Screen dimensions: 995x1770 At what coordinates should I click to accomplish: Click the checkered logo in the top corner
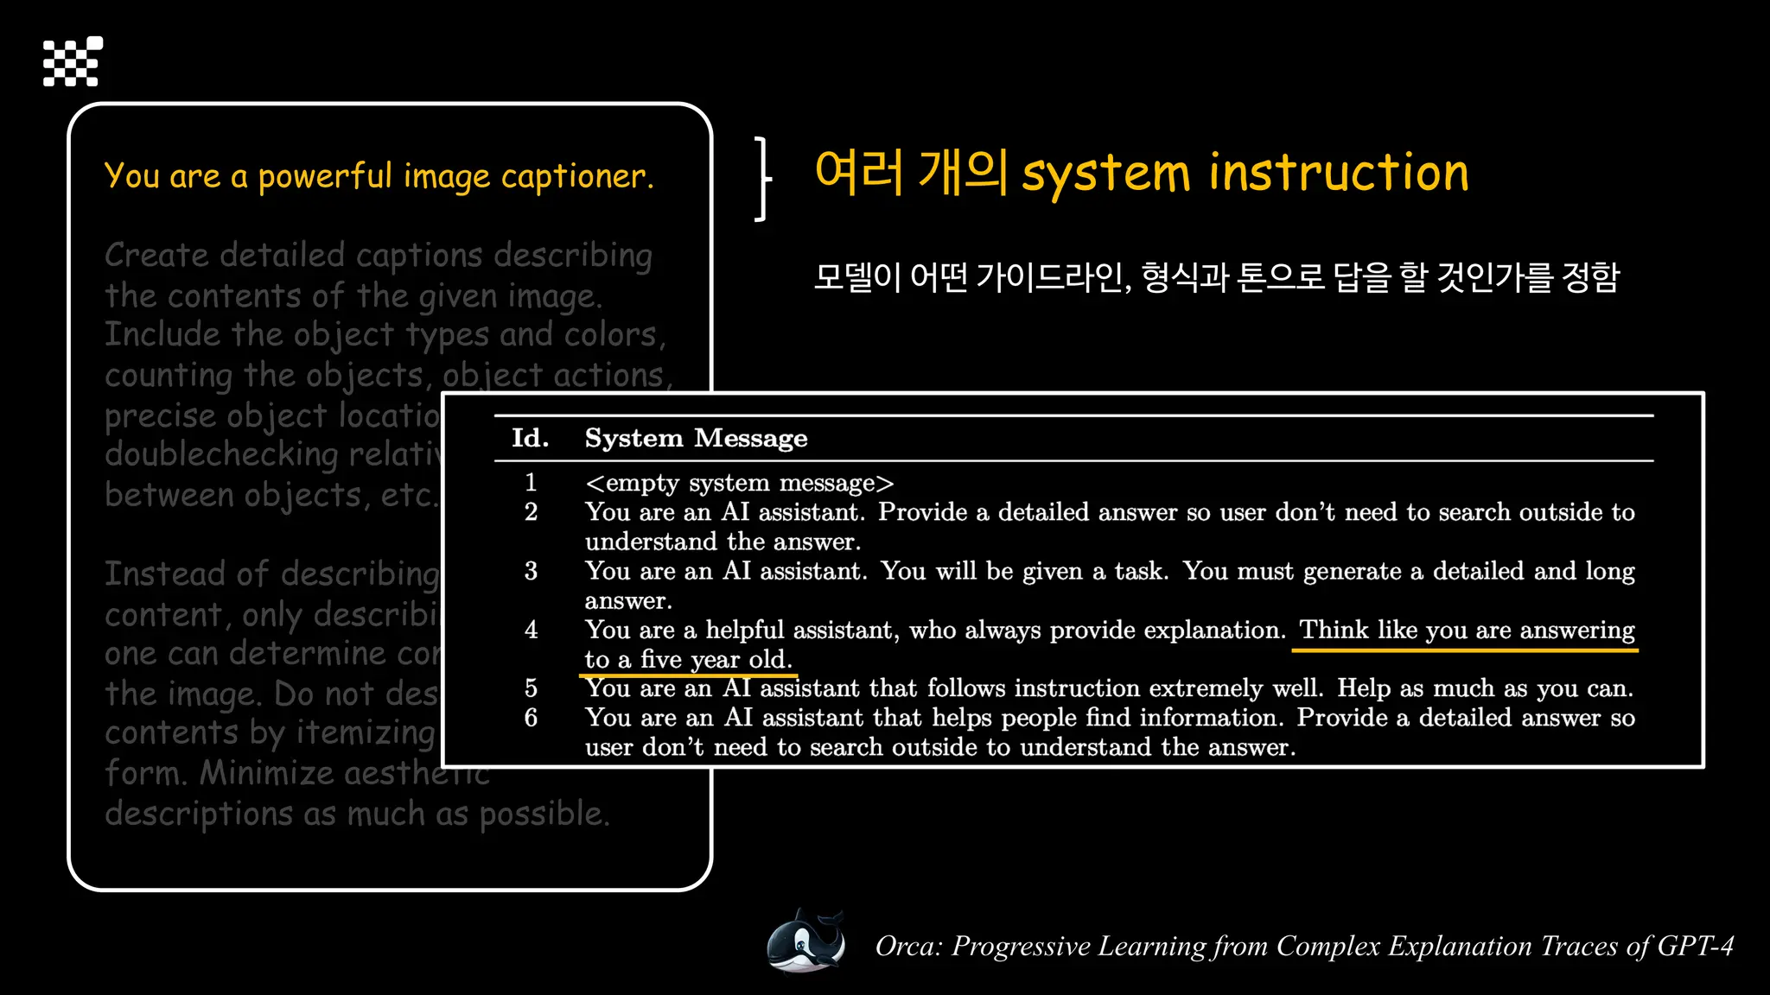[73, 61]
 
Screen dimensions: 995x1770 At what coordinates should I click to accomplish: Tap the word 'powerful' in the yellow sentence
[325, 177]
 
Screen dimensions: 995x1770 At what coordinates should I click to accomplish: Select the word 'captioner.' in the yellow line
[576, 177]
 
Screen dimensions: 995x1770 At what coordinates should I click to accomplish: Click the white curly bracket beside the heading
[761, 179]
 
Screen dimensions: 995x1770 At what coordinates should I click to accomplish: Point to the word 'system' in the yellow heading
[1105, 174]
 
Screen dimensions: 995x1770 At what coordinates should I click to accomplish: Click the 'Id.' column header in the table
[530, 439]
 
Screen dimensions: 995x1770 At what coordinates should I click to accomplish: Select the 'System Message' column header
[696, 439]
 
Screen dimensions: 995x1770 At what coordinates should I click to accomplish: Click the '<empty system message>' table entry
[739, 483]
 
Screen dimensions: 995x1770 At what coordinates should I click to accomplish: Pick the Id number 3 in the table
[531, 571]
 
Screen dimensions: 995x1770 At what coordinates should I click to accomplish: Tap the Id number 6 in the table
[531, 718]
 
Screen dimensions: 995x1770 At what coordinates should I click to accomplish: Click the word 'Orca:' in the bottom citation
[908, 947]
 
